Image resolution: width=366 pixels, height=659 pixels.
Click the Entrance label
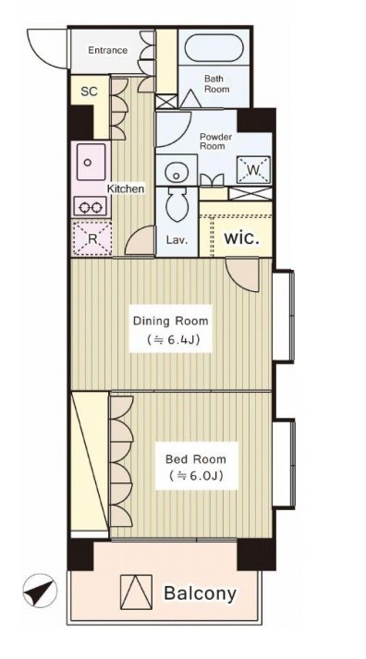coord(107,51)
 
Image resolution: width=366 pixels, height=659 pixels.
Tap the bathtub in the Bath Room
coord(213,47)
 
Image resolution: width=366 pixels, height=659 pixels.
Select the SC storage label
coord(89,92)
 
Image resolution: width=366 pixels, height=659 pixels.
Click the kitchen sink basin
coord(91,162)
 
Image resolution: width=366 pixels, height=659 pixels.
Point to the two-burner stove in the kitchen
coord(91,206)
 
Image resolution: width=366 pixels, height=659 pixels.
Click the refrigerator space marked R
coord(92,238)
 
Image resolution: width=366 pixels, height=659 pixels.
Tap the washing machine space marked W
coord(253,170)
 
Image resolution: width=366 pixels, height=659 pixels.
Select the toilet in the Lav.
coord(177,204)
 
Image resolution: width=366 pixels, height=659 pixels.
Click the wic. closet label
coord(241,238)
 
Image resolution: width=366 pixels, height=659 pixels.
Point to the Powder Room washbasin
coord(176,170)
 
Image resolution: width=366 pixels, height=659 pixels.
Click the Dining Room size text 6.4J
coord(172,339)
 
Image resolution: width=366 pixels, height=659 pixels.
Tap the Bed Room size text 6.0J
coord(196,475)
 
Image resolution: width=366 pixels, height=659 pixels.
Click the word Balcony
coord(200,593)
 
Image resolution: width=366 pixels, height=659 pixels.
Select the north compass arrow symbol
coord(41,590)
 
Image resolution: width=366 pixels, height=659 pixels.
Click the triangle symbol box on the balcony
coord(136,592)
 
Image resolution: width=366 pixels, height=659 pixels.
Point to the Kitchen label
coord(125,189)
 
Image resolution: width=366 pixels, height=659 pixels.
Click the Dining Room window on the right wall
coord(284,315)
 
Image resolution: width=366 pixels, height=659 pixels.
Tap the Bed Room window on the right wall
coord(284,464)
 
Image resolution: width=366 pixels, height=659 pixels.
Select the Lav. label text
coord(177,240)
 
